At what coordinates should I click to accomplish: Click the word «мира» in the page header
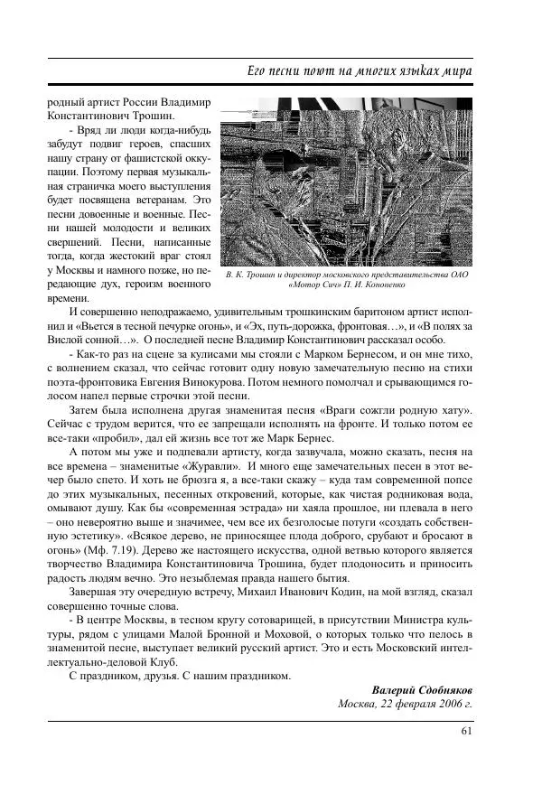click(x=454, y=70)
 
